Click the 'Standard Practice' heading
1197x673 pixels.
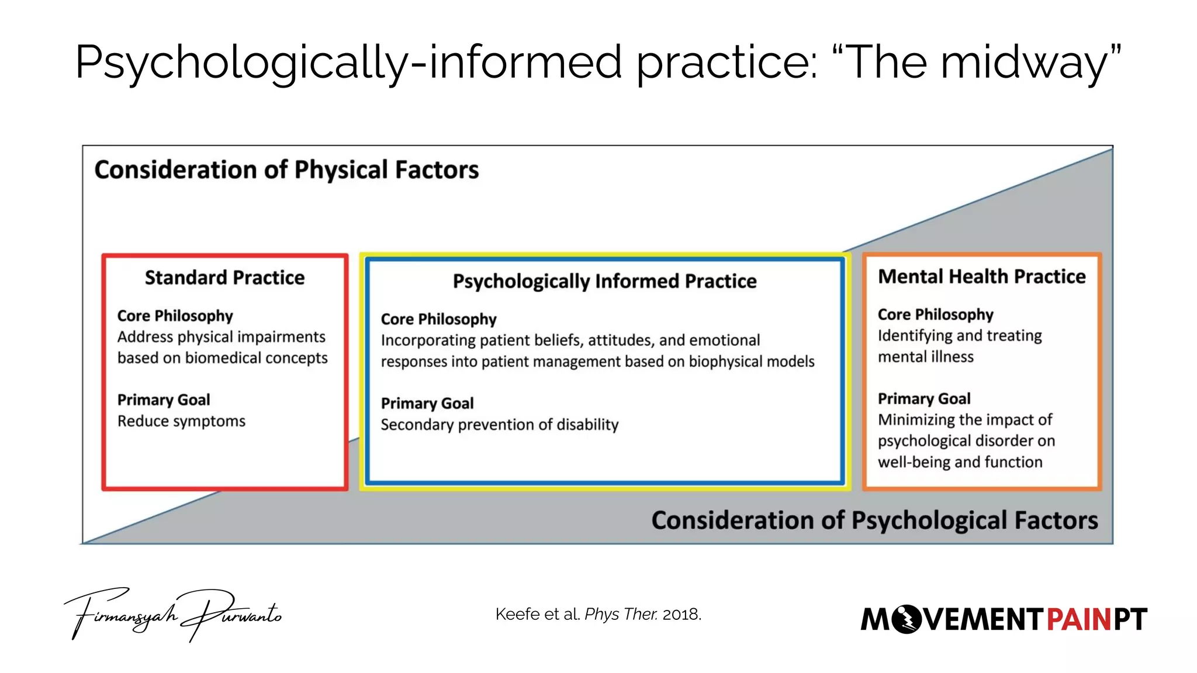[x=224, y=277]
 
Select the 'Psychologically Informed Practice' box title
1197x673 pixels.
[x=604, y=282]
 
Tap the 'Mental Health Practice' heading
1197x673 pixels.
[x=981, y=276]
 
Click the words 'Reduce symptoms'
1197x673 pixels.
[x=181, y=421]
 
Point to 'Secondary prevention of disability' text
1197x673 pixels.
[x=499, y=425]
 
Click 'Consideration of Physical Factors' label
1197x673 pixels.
[x=286, y=170]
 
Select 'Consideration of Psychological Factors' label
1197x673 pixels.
[x=874, y=521]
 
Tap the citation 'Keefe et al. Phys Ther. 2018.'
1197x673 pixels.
[x=598, y=614]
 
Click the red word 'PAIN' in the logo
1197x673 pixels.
[x=1078, y=620]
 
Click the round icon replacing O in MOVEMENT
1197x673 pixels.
[x=907, y=619]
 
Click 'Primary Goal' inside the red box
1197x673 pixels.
[x=164, y=400]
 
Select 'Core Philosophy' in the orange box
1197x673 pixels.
[x=935, y=315]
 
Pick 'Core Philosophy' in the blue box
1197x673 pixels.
[x=438, y=320]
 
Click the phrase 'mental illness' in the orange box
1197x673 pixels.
[x=925, y=357]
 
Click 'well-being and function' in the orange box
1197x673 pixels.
[x=960, y=462]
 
